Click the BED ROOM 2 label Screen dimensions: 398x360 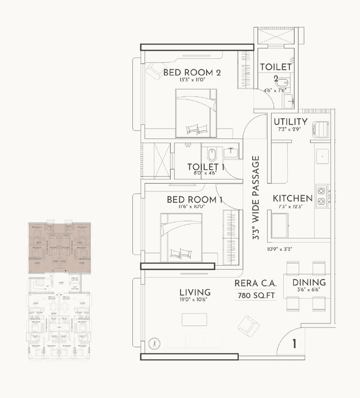(192, 73)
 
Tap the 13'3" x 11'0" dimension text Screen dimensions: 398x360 (192, 80)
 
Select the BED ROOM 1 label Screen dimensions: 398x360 (195, 200)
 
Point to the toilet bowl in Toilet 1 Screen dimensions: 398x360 (212, 154)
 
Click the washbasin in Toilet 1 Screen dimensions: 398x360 (231, 153)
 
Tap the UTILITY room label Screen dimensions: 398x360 (290, 122)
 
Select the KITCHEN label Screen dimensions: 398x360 (292, 198)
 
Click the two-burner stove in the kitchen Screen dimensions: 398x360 (321, 196)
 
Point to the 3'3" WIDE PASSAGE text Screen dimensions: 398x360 (256, 198)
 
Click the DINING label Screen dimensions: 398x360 (309, 283)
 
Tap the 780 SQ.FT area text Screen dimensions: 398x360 (256, 295)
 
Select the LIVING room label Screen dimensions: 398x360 (195, 292)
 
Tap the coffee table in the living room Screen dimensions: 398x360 (194, 319)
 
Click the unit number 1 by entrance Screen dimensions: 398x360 (294, 344)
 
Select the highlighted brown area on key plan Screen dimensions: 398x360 (59, 247)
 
